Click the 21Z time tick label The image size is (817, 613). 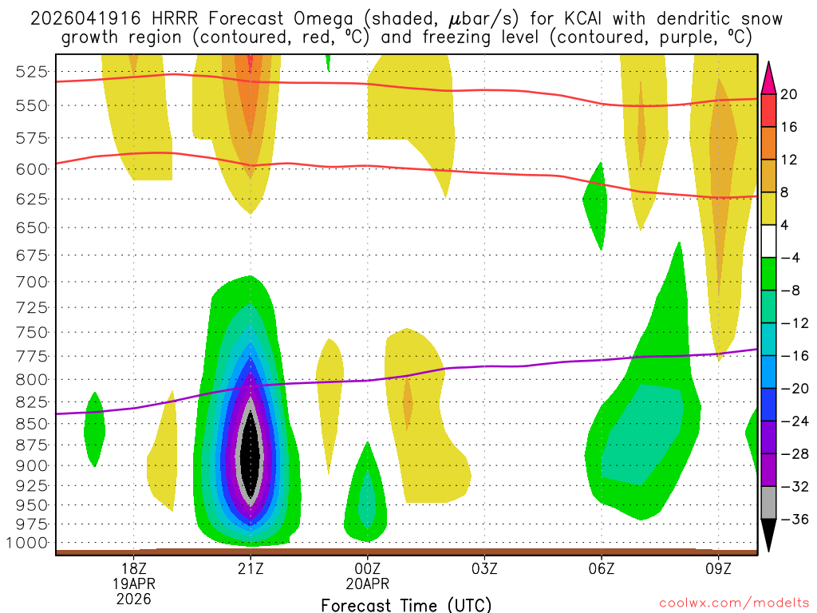[x=251, y=568]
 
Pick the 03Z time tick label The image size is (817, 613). [x=484, y=568]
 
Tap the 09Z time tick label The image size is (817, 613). [x=718, y=568]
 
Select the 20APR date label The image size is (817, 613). [x=368, y=583]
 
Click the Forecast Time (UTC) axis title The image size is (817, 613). [x=406, y=604]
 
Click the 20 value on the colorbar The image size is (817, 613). [x=789, y=94]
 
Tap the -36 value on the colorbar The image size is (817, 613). [x=791, y=519]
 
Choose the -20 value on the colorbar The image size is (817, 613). [x=791, y=388]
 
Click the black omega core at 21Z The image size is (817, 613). [x=251, y=455]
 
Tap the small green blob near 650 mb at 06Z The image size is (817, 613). [x=596, y=204]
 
